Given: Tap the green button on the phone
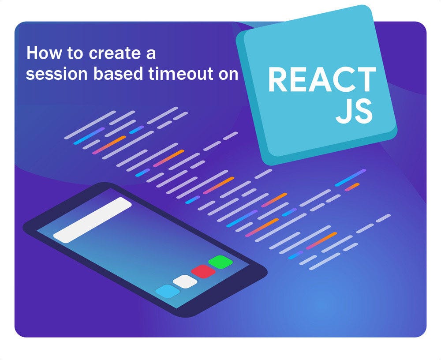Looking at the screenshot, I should [220, 262].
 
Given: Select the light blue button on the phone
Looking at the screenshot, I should [168, 291].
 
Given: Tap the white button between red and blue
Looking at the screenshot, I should [185, 281].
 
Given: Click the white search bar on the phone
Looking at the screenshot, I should [92, 220].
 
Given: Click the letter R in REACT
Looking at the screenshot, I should [278, 80].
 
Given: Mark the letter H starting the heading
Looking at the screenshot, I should [32, 53].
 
